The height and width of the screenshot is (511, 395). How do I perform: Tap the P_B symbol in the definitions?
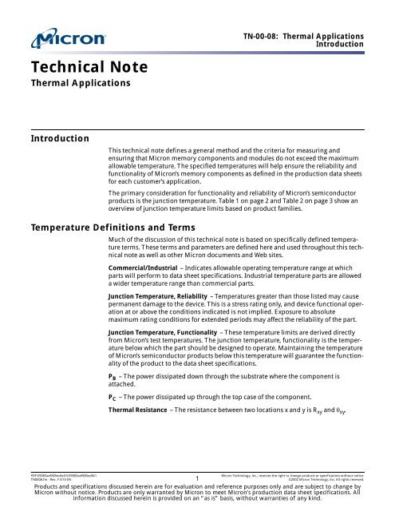tap(113, 399)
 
